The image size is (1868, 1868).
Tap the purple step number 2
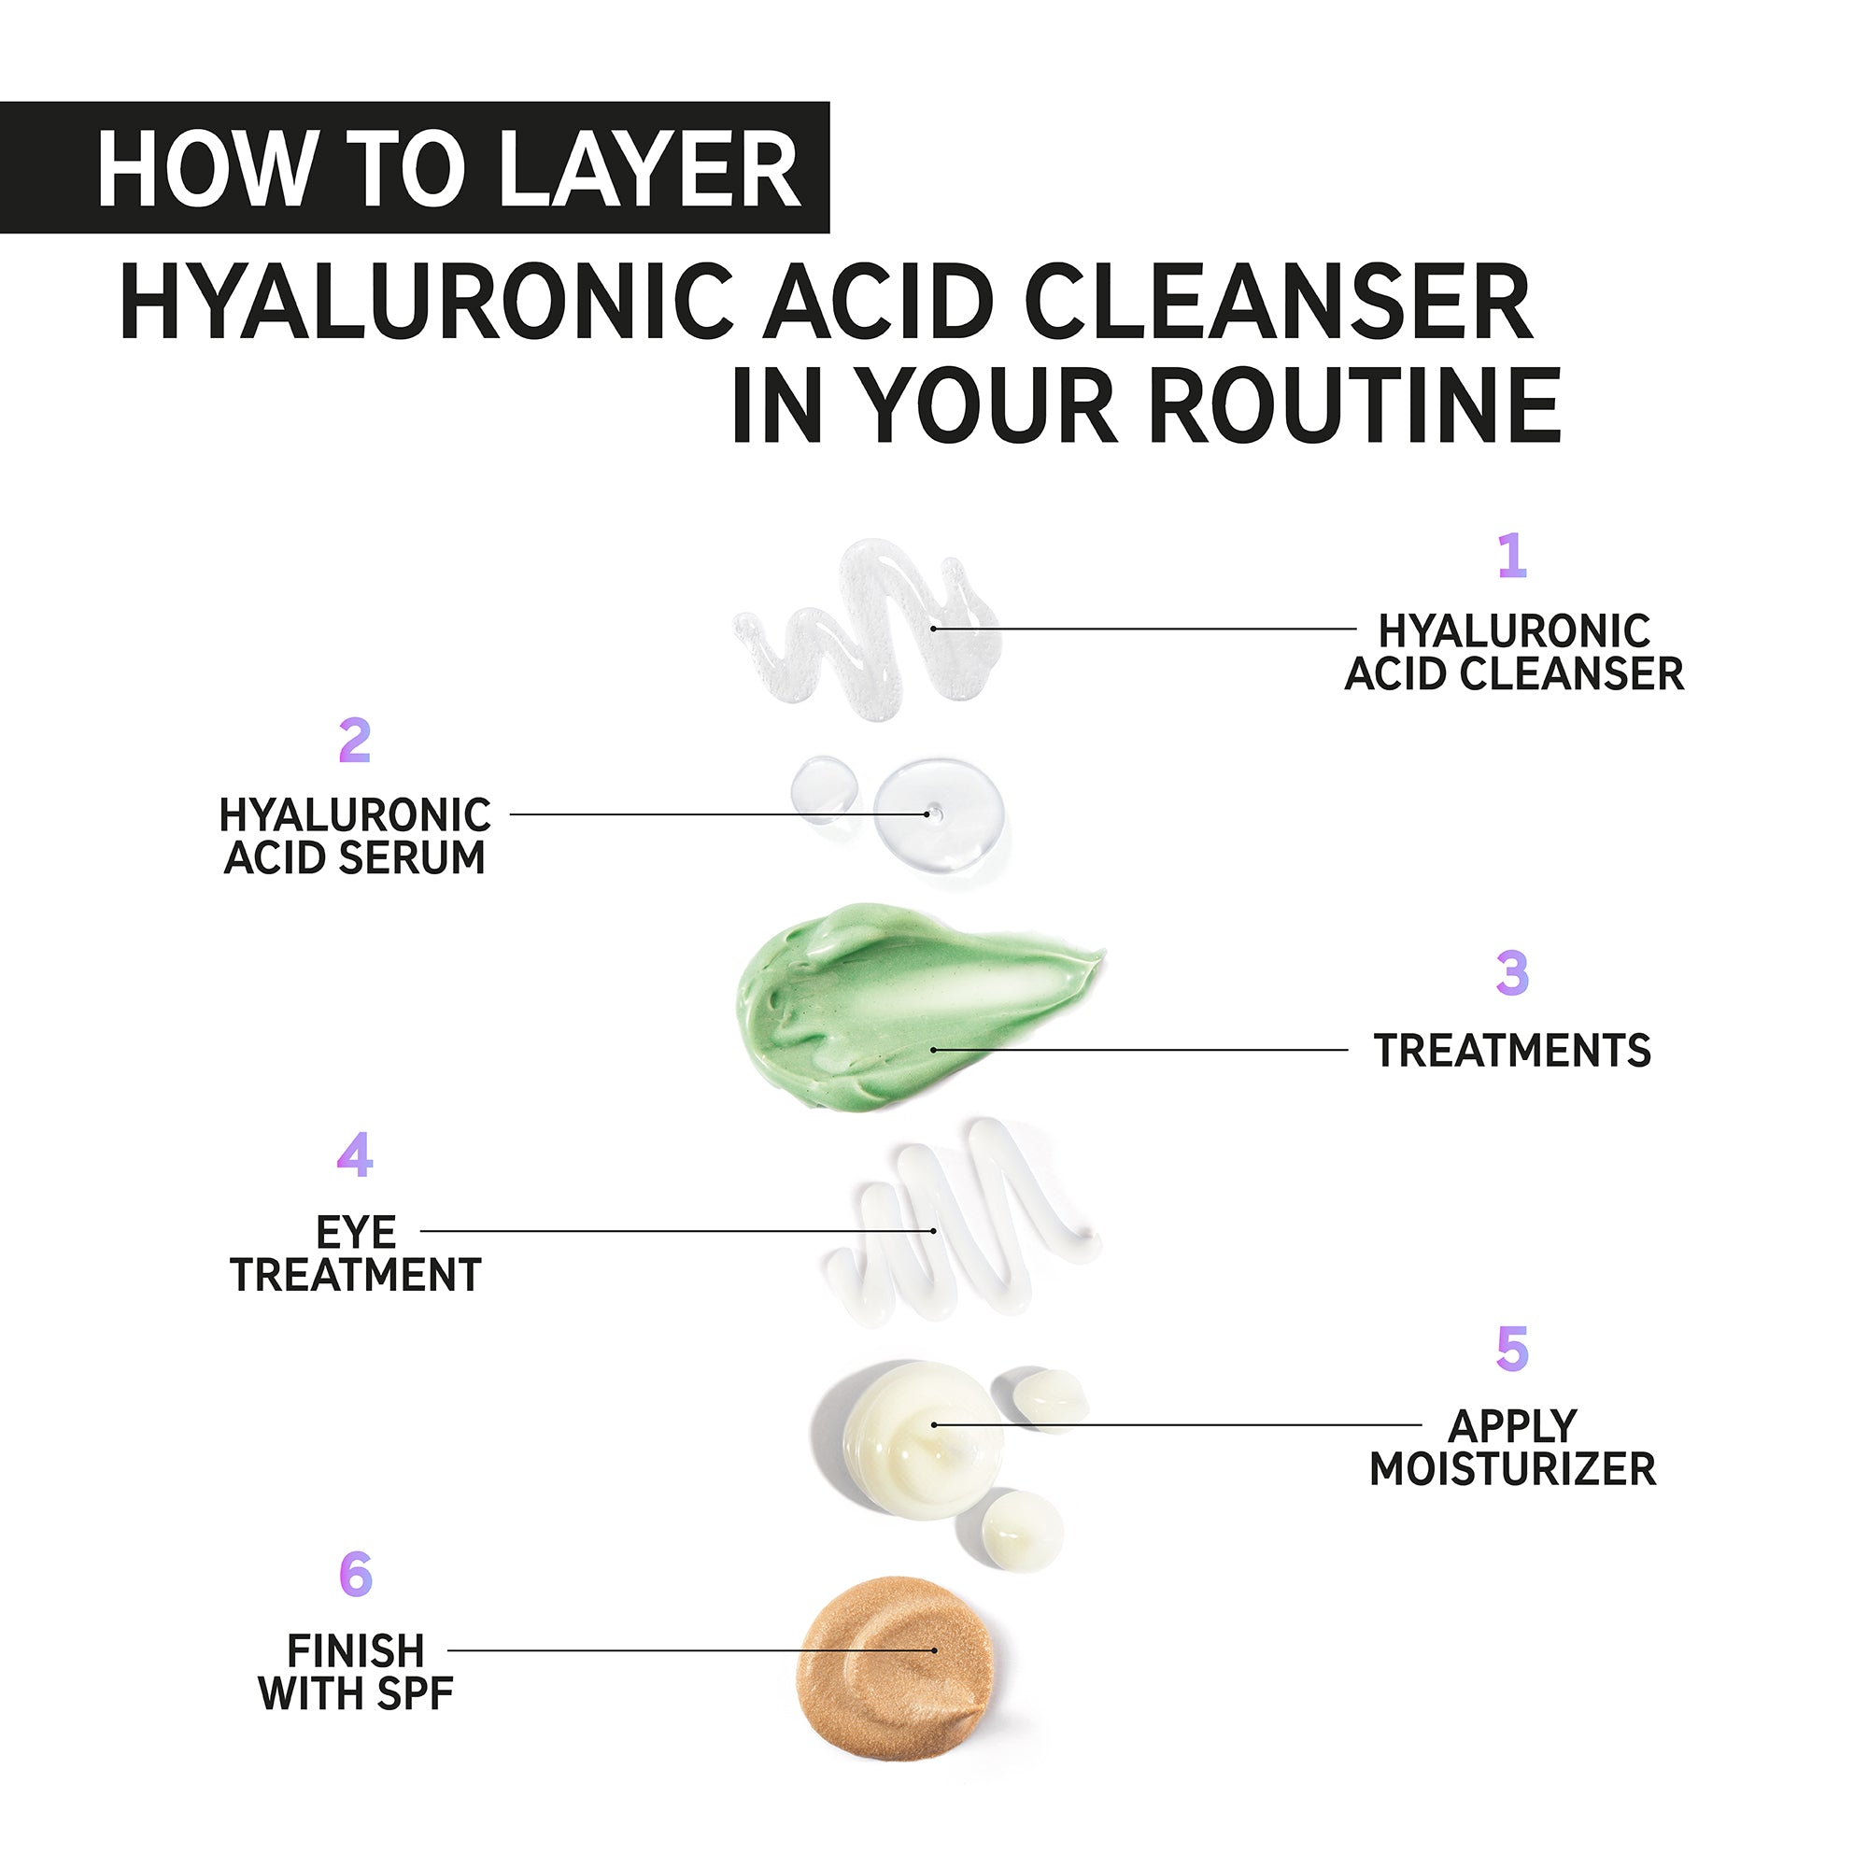(355, 741)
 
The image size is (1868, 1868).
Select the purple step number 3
(1512, 973)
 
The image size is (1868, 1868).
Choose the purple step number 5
(1512, 1349)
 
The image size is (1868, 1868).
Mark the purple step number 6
(356, 1575)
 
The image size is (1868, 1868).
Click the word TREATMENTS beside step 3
(1512, 1051)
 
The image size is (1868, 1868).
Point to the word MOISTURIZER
(1513, 1468)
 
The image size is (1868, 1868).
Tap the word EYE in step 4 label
(356, 1233)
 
